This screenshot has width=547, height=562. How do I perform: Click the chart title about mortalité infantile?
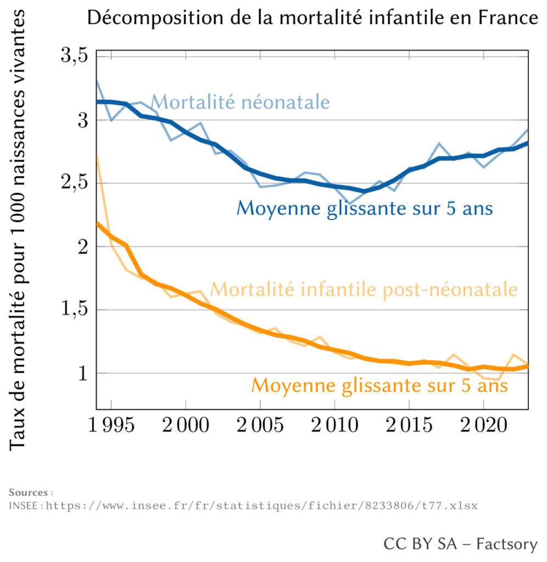(x=313, y=19)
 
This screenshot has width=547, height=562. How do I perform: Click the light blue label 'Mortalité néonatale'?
(x=240, y=103)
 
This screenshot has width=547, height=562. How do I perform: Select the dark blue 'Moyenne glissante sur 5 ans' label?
(x=364, y=209)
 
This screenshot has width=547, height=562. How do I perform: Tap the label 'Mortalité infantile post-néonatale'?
(x=364, y=289)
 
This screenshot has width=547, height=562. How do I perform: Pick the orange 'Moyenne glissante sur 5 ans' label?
(x=380, y=386)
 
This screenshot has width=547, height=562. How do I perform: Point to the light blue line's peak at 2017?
(x=439, y=144)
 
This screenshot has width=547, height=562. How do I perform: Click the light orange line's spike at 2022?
(x=513, y=355)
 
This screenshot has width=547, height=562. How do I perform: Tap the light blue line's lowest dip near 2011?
(x=349, y=204)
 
